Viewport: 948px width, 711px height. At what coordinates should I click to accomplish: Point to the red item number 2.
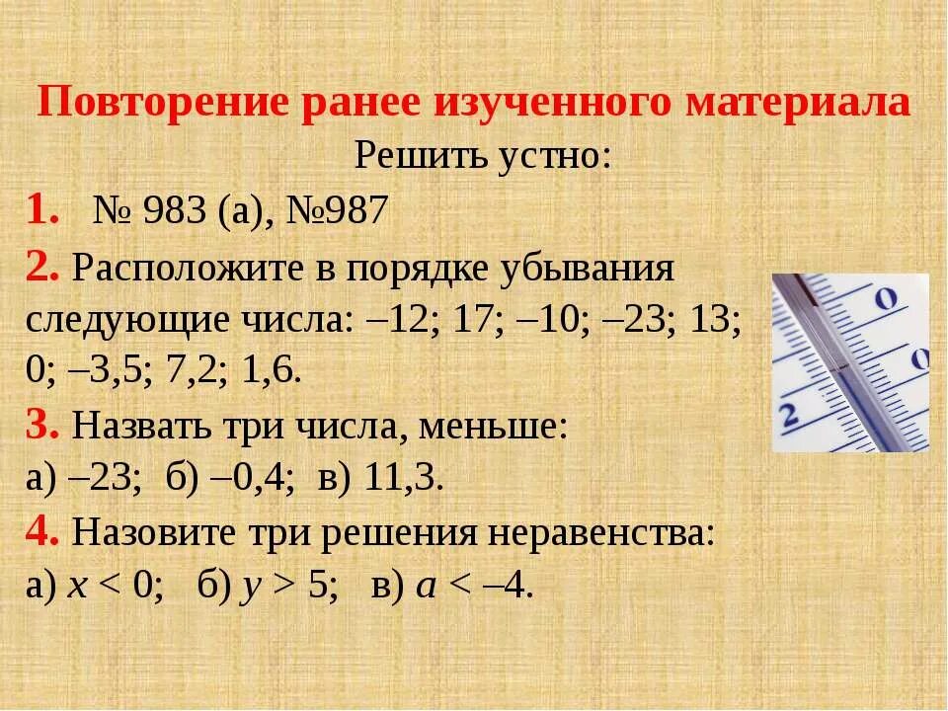[43, 268]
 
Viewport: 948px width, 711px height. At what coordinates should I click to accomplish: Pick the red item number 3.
[43, 428]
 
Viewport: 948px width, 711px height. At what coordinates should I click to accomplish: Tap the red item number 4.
[43, 534]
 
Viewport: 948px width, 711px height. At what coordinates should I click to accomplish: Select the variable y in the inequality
[249, 588]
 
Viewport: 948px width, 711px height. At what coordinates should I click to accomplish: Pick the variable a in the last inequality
[426, 588]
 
